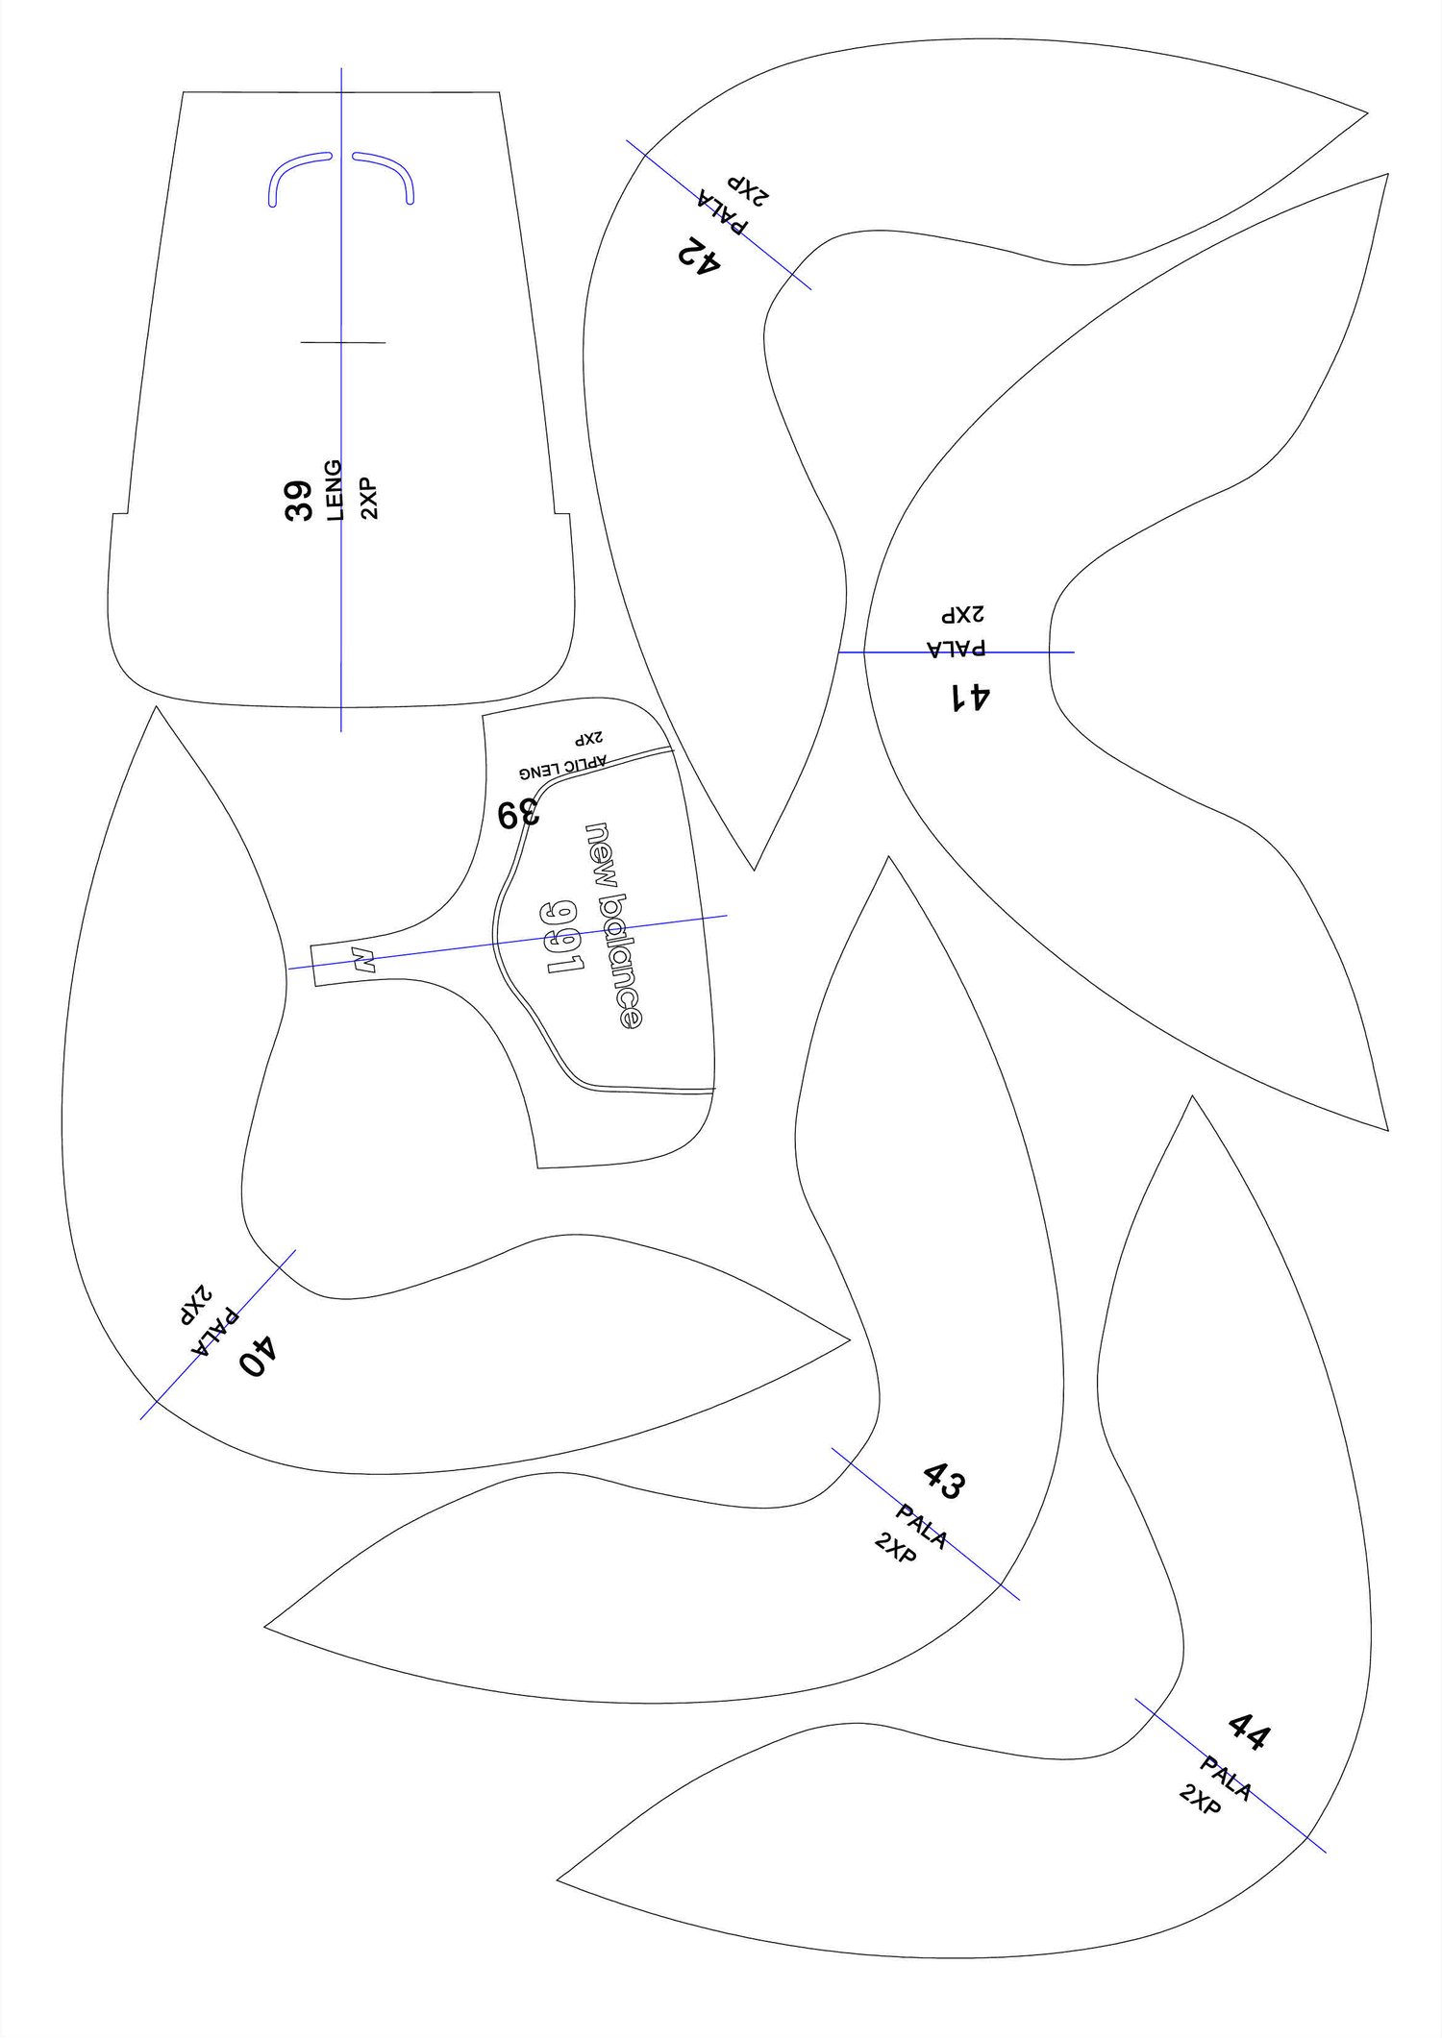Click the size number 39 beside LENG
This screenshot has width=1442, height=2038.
tap(299, 501)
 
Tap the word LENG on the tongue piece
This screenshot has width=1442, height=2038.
tap(335, 490)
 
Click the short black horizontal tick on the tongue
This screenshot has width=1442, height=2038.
tap(343, 342)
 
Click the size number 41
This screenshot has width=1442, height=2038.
tap(970, 697)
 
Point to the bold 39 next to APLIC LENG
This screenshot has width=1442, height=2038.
tap(518, 814)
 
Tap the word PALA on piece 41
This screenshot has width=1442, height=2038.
tap(956, 648)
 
